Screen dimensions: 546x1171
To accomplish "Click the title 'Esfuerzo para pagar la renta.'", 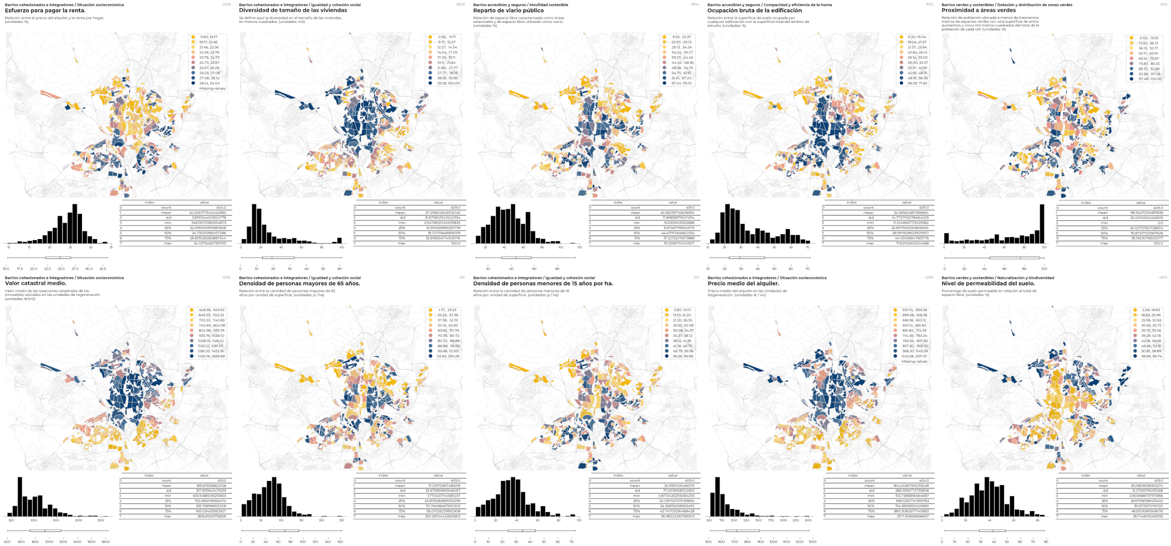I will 45,11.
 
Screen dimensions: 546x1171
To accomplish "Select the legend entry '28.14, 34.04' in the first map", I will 209,83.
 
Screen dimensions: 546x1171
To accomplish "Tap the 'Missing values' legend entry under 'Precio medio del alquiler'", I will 915,361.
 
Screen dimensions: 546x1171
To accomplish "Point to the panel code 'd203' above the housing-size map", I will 460,4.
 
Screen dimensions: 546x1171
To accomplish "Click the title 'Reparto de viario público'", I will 508,11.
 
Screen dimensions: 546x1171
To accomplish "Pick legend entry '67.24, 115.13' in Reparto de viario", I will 682,83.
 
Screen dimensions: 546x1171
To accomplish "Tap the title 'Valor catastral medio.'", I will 36,284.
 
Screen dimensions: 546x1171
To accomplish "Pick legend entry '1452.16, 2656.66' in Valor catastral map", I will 211,356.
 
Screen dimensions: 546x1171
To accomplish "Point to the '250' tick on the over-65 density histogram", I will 341,520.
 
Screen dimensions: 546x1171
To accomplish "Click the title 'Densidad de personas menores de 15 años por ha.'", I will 543,284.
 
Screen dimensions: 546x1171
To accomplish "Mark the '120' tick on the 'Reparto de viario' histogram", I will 579,247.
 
